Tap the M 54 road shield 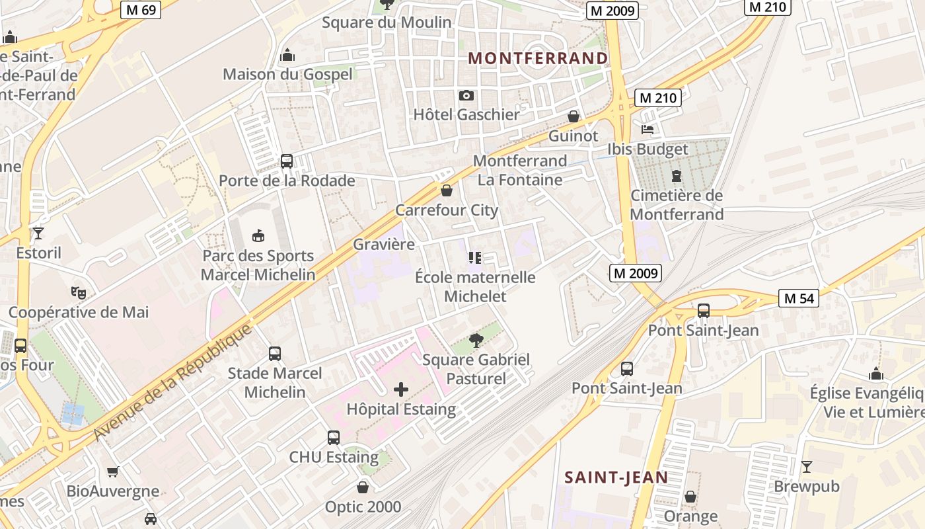(x=799, y=298)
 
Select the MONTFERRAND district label (x=538, y=58)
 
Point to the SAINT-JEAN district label (x=616, y=477)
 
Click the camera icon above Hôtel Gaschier (x=466, y=96)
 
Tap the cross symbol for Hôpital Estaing (x=401, y=389)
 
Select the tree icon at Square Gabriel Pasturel (x=476, y=341)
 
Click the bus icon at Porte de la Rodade (x=287, y=161)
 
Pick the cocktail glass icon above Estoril (x=38, y=233)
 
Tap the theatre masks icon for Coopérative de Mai (x=78, y=292)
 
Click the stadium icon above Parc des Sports (x=258, y=235)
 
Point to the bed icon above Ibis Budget (x=647, y=130)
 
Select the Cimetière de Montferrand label (x=677, y=205)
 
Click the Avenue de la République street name (x=173, y=382)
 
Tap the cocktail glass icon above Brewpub (x=806, y=467)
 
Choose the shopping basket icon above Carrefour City (x=447, y=191)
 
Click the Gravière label (x=384, y=244)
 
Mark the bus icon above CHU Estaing (x=334, y=438)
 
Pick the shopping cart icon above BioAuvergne (x=112, y=472)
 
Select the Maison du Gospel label (x=287, y=74)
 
